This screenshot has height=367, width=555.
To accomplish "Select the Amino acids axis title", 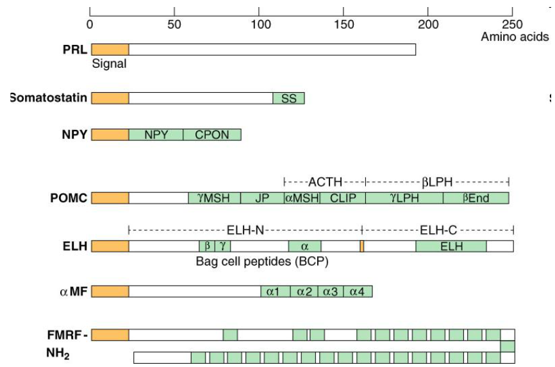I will (x=515, y=37).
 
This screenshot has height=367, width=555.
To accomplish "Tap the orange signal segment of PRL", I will (x=110, y=49).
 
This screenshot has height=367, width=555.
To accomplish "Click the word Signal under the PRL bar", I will (x=109, y=63).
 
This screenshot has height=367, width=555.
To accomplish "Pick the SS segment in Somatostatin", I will (x=288, y=98).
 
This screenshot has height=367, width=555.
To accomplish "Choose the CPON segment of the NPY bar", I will (x=211, y=135).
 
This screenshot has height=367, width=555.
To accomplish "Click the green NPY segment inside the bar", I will (x=156, y=135).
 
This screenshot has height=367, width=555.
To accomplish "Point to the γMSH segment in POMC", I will (x=214, y=198).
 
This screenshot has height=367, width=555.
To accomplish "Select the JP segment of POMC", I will (x=262, y=198).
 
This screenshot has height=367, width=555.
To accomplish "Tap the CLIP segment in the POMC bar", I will (x=343, y=198).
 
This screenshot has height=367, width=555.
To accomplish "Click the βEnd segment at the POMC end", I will (x=476, y=198).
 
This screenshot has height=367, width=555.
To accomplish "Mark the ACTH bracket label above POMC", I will (x=325, y=181).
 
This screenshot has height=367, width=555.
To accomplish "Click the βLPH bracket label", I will (x=437, y=181).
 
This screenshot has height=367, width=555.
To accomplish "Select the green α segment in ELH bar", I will (x=304, y=246).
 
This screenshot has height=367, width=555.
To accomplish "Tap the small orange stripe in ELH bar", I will (x=362, y=246).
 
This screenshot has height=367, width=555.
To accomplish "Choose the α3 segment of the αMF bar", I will (x=330, y=292).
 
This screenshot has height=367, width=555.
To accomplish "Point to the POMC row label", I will (x=69, y=198).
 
